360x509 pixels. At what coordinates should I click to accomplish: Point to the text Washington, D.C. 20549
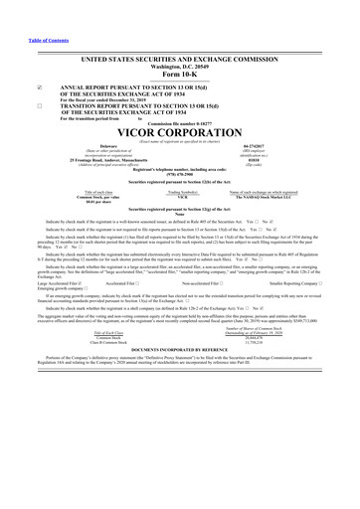click(180, 66)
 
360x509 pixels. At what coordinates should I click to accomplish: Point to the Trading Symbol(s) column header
click(181, 192)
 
